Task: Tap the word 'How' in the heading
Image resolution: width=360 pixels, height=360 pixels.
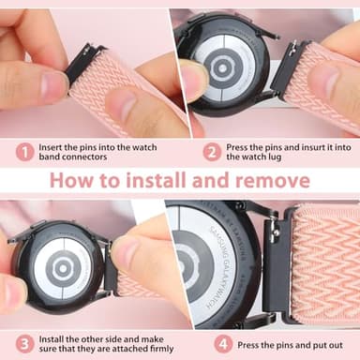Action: pos(73,179)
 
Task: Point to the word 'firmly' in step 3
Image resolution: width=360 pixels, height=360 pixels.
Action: pos(148,351)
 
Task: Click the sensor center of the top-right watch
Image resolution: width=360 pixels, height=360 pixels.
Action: pos(223,68)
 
